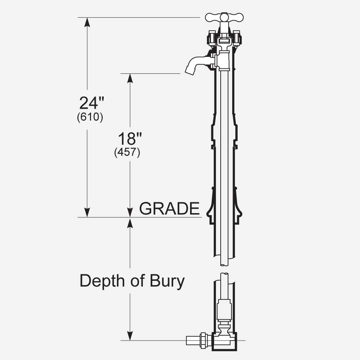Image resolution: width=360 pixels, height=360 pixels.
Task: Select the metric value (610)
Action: [90, 118]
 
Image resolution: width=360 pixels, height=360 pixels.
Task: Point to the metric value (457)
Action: [127, 152]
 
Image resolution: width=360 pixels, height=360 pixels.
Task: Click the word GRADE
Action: [169, 208]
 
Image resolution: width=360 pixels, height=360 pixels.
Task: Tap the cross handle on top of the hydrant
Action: [224, 17]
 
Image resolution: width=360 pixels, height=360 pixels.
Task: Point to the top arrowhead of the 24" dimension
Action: [87, 22]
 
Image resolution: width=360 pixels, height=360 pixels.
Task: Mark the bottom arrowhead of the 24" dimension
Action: [87, 212]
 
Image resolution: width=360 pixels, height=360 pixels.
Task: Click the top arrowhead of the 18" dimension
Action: [130, 78]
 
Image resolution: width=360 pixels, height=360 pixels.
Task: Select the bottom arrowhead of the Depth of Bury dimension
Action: [130, 336]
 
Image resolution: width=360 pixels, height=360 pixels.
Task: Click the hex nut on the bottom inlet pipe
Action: [204, 340]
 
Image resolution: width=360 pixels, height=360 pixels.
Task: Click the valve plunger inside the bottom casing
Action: [224, 310]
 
